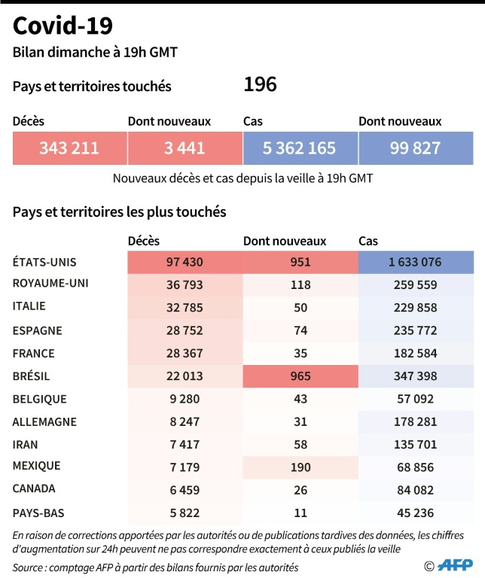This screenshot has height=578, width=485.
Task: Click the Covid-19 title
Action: click(x=63, y=26)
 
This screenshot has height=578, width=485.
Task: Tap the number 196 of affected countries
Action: click(x=260, y=84)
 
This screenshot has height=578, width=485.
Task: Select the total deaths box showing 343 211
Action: click(x=69, y=148)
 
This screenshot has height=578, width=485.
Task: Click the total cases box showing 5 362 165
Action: click(x=300, y=148)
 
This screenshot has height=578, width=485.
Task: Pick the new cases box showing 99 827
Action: click(x=415, y=148)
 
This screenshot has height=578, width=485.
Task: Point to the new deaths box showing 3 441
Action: click(x=185, y=148)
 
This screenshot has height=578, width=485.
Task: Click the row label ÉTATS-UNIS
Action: click(x=44, y=262)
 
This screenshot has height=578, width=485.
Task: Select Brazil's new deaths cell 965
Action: click(x=300, y=376)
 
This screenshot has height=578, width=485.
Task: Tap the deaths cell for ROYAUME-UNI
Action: click(x=185, y=285)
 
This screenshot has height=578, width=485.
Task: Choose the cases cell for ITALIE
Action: click(x=415, y=308)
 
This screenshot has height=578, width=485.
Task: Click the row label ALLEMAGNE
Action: click(x=44, y=421)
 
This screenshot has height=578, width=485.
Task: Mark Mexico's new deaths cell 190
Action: click(x=300, y=467)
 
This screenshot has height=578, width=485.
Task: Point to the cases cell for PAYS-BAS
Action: click(x=415, y=513)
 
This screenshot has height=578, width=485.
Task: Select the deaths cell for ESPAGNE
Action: click(x=185, y=330)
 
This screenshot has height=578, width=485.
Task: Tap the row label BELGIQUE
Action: click(x=40, y=399)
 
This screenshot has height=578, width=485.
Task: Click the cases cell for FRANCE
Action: click(x=415, y=353)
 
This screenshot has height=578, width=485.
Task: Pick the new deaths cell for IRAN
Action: click(x=300, y=445)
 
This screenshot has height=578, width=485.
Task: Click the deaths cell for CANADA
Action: click(x=185, y=490)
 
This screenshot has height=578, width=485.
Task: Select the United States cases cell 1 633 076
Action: click(x=415, y=263)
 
